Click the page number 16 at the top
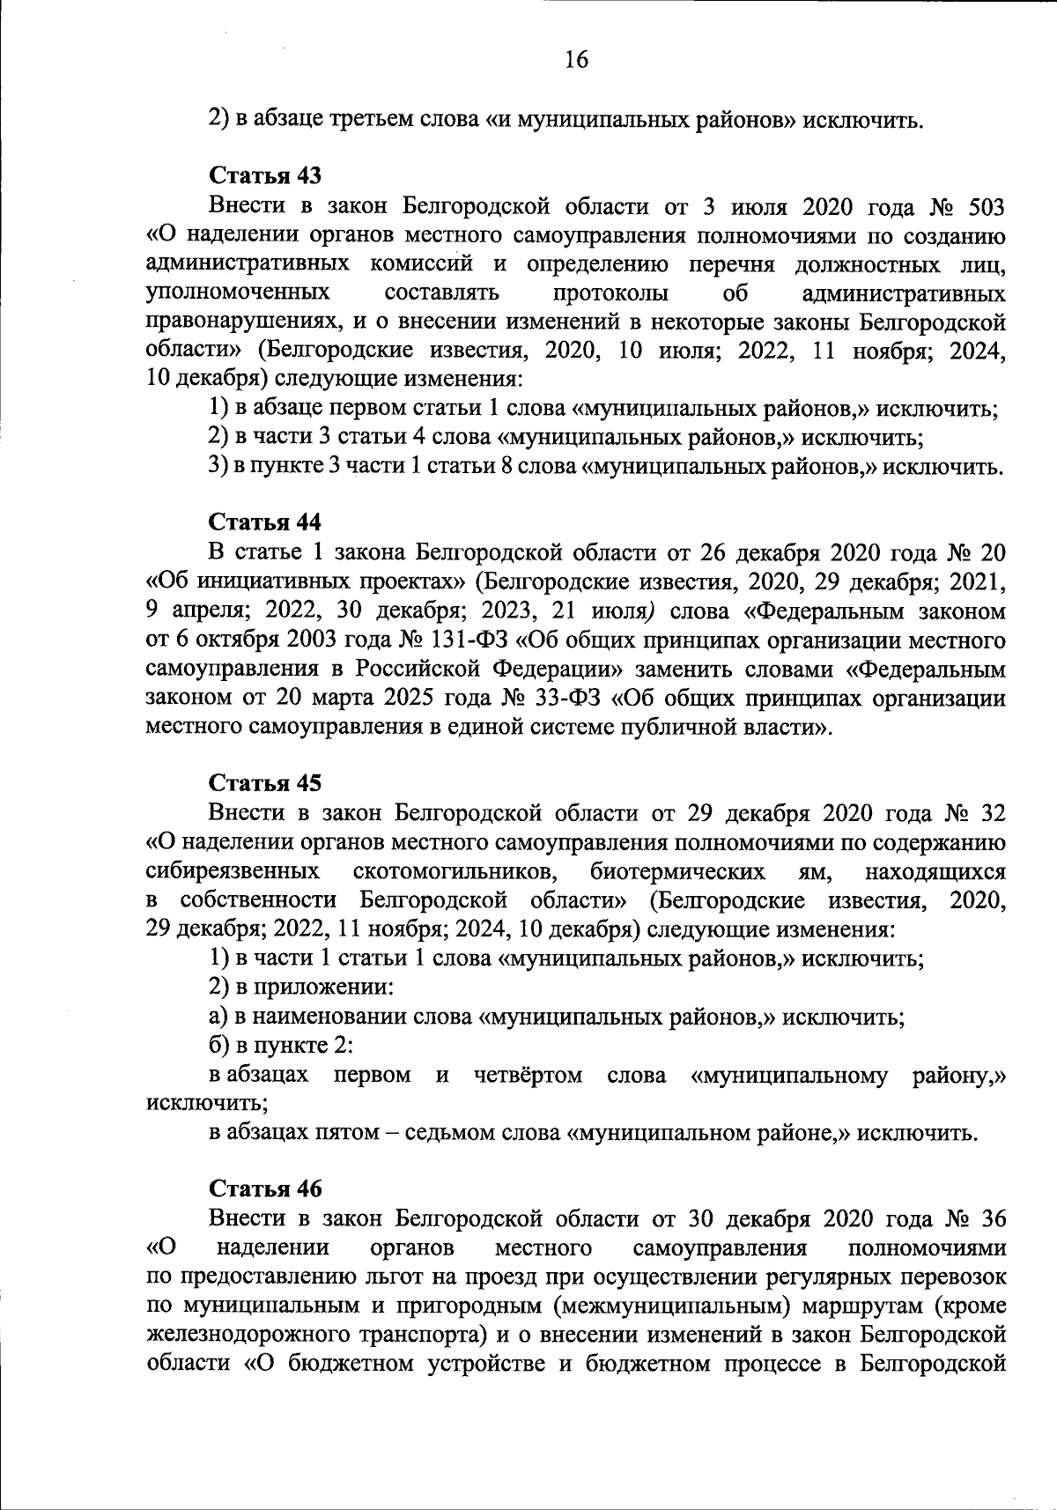point(575,60)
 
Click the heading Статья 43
point(264,176)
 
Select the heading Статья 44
point(264,523)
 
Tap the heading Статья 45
point(264,783)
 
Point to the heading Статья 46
point(264,1189)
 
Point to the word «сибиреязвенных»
point(233,871)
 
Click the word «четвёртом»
point(528,1075)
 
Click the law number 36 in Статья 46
point(992,1219)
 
